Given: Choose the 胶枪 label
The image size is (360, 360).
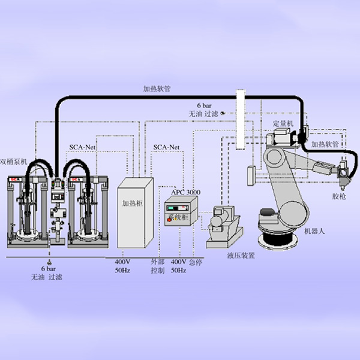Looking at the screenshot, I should [x=339, y=196].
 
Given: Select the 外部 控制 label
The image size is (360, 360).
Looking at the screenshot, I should [x=158, y=266].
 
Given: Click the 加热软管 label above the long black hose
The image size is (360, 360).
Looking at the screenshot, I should [x=157, y=88].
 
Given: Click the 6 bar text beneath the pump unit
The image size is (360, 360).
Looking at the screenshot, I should [x=48, y=268].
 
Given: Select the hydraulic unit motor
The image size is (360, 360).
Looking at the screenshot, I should [x=219, y=221].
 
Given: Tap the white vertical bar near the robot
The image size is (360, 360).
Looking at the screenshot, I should [x=241, y=120].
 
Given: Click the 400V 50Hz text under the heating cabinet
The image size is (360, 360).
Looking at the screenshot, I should [x=123, y=266].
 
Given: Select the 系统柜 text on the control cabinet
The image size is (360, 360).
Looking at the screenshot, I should [x=178, y=215].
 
